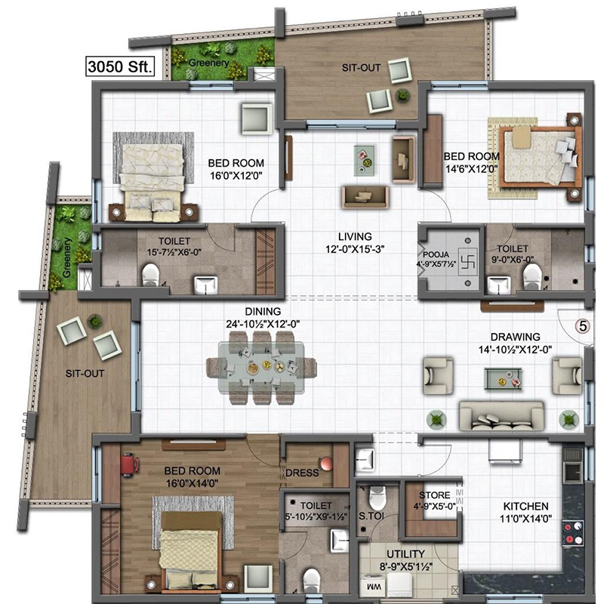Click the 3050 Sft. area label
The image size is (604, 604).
[x=120, y=66]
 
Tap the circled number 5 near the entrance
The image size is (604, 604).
[x=583, y=326]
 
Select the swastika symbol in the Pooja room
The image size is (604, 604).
[x=467, y=261]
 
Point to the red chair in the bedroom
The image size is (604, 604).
[x=129, y=464]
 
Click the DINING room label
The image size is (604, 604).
[x=263, y=311]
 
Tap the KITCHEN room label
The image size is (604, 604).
[x=525, y=506]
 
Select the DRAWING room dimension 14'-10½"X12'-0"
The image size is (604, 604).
[x=515, y=350]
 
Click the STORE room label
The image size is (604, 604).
[x=435, y=495]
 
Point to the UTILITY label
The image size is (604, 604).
[x=405, y=554]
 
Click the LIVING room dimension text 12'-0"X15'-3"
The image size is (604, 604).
[x=355, y=250]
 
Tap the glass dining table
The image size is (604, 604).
[x=261, y=368]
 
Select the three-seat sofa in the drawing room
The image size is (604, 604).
[x=501, y=416]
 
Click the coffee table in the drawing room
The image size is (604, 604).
[x=503, y=378]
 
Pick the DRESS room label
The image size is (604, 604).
[x=302, y=473]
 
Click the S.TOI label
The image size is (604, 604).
[x=371, y=516]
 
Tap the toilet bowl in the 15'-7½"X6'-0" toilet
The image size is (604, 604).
[x=150, y=275]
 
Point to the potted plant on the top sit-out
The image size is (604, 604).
[x=402, y=94]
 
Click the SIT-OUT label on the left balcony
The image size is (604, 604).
[x=85, y=373]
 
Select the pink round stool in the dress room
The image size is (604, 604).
[x=326, y=464]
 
